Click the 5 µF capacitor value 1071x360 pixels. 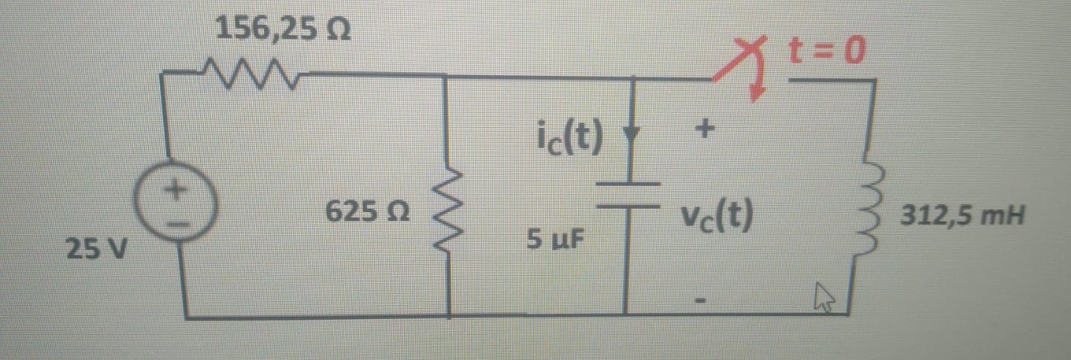point(556,240)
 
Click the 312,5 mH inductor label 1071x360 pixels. point(962,218)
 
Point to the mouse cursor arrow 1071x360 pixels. point(824,300)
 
